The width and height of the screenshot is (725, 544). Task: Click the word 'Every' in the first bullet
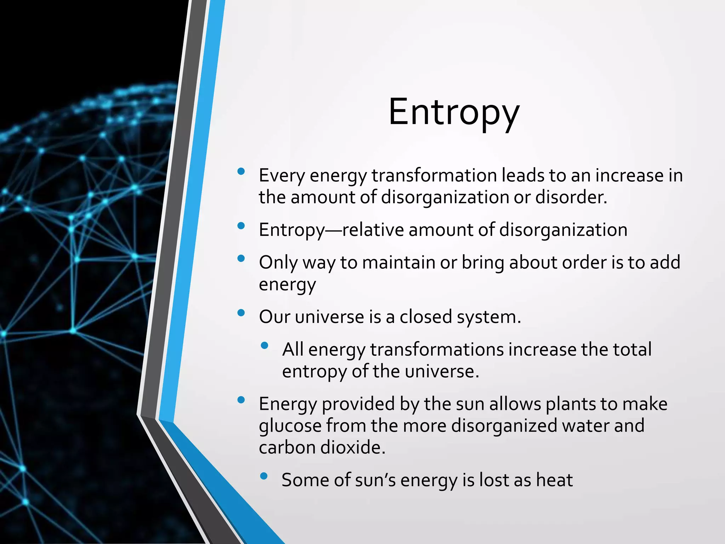coord(281,176)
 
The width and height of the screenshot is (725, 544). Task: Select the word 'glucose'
coord(290,426)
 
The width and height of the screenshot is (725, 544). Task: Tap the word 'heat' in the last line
coord(554,480)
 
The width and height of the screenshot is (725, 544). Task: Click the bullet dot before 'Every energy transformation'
coord(241,172)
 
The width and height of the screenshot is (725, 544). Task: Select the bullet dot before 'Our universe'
coord(241,313)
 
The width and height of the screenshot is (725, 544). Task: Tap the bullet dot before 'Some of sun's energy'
coord(264,476)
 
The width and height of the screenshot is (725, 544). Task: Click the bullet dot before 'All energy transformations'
coord(264,345)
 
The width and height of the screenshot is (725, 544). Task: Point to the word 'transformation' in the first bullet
coord(434,176)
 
